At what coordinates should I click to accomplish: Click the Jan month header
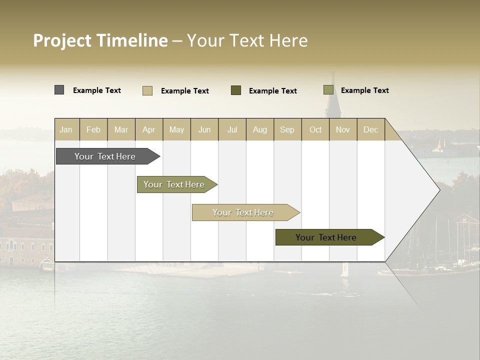tap(66, 129)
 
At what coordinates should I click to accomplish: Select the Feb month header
tap(93, 129)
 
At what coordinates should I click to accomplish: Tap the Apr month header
tap(148, 129)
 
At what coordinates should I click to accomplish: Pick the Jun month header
tap(204, 129)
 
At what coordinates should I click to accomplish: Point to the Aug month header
tap(259, 129)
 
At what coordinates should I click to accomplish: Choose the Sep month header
tap(287, 129)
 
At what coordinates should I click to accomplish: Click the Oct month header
tap(315, 129)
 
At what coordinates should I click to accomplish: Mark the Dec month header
tap(370, 129)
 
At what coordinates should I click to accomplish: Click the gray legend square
tap(59, 90)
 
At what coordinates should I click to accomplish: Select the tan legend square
tap(147, 90)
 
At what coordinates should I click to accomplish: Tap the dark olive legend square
tap(236, 90)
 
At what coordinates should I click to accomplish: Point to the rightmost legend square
tap(328, 90)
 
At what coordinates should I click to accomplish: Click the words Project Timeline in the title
tap(100, 40)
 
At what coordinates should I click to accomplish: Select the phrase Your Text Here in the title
tap(247, 40)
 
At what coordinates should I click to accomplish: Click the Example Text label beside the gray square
tap(97, 90)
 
